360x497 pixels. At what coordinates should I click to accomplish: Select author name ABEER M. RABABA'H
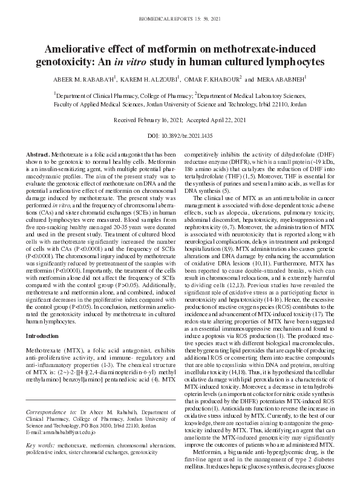(x=87, y=79)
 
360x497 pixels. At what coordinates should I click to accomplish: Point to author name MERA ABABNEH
(x=284, y=79)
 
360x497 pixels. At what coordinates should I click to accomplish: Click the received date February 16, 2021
(x=155, y=120)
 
